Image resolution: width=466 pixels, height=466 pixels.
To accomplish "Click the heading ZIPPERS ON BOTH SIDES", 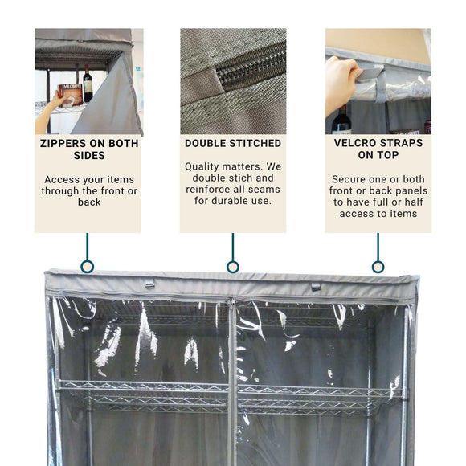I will (x=88, y=149).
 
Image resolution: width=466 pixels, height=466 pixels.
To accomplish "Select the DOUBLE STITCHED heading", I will (x=233, y=143).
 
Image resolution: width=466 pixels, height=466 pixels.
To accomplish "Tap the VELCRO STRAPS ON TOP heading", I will (x=378, y=149).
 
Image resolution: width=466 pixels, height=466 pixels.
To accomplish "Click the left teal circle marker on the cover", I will (x=88, y=267).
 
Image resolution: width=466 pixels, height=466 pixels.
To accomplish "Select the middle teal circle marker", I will (x=233, y=267).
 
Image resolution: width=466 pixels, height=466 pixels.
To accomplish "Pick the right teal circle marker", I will (x=378, y=267).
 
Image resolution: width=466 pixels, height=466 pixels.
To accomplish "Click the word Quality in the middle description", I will (x=205, y=166).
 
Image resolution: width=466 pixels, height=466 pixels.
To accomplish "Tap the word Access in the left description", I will (x=61, y=179).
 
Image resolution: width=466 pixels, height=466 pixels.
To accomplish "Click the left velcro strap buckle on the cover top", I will (x=149, y=284).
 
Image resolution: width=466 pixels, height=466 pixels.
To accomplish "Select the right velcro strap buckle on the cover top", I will (x=316, y=286).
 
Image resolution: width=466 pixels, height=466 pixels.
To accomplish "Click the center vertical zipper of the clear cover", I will (x=231, y=378).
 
